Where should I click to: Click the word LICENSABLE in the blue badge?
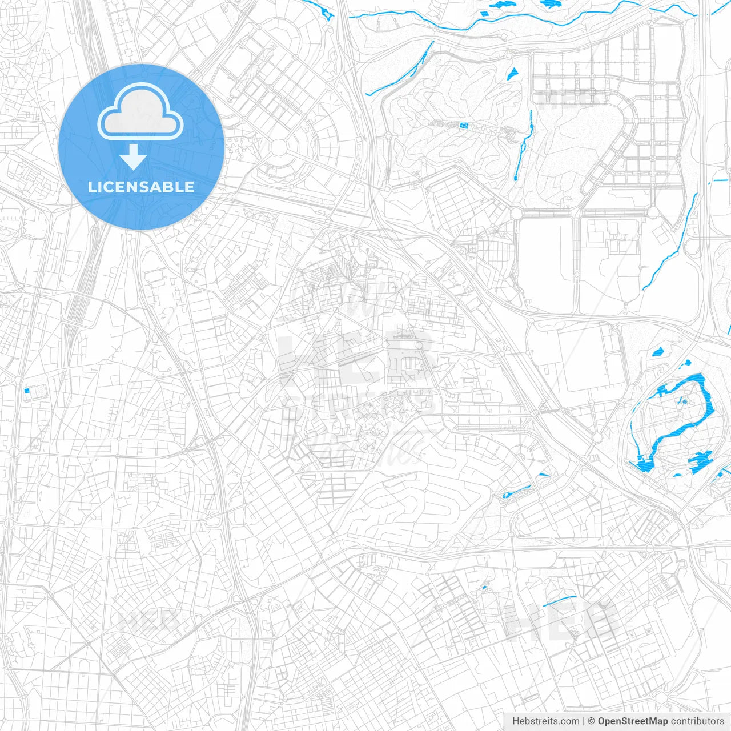coord(141,187)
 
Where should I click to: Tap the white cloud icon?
coord(140,112)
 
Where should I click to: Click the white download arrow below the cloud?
coord(134,157)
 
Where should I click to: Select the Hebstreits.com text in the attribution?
coord(545,721)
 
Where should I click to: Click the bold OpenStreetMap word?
coord(633,721)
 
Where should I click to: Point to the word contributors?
coord(697,721)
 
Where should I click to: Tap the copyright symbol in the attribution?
coord(592,721)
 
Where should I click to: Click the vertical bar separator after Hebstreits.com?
coord(584,721)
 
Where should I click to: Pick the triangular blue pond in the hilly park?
coord(512,73)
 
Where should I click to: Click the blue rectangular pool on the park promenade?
coord(463,124)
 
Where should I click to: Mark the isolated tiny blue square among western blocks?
coord(26,391)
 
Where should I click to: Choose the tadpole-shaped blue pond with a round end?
coord(517,491)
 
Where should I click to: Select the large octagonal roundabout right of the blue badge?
coord(279,147)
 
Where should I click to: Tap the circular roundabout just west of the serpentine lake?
coord(597,438)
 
